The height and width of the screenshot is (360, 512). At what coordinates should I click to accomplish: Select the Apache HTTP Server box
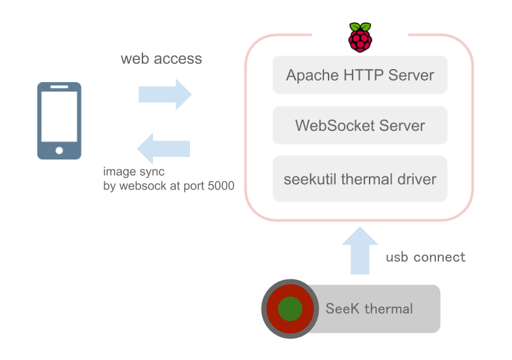click(x=360, y=75)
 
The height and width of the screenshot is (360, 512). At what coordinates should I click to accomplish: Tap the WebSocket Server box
click(x=360, y=125)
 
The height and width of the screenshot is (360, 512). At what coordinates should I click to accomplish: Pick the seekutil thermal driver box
click(x=360, y=178)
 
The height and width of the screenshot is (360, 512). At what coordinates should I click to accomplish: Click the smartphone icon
click(x=59, y=120)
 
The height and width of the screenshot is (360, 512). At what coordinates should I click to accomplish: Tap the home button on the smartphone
click(x=59, y=150)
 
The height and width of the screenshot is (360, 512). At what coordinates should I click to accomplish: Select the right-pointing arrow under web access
click(x=165, y=94)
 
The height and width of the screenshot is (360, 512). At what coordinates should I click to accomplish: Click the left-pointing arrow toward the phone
click(x=163, y=148)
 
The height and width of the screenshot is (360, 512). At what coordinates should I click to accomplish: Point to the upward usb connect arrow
click(x=360, y=251)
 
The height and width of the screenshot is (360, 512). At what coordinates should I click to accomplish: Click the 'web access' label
click(x=161, y=59)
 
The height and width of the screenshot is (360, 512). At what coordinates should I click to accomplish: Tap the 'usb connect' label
click(x=425, y=257)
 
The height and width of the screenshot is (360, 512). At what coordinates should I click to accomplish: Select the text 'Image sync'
click(x=134, y=172)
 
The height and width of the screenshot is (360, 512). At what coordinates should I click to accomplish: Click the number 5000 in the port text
click(x=221, y=186)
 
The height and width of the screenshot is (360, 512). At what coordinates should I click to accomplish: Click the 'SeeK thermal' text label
click(x=369, y=309)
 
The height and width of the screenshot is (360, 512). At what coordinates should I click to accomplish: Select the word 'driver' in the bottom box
click(x=413, y=178)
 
